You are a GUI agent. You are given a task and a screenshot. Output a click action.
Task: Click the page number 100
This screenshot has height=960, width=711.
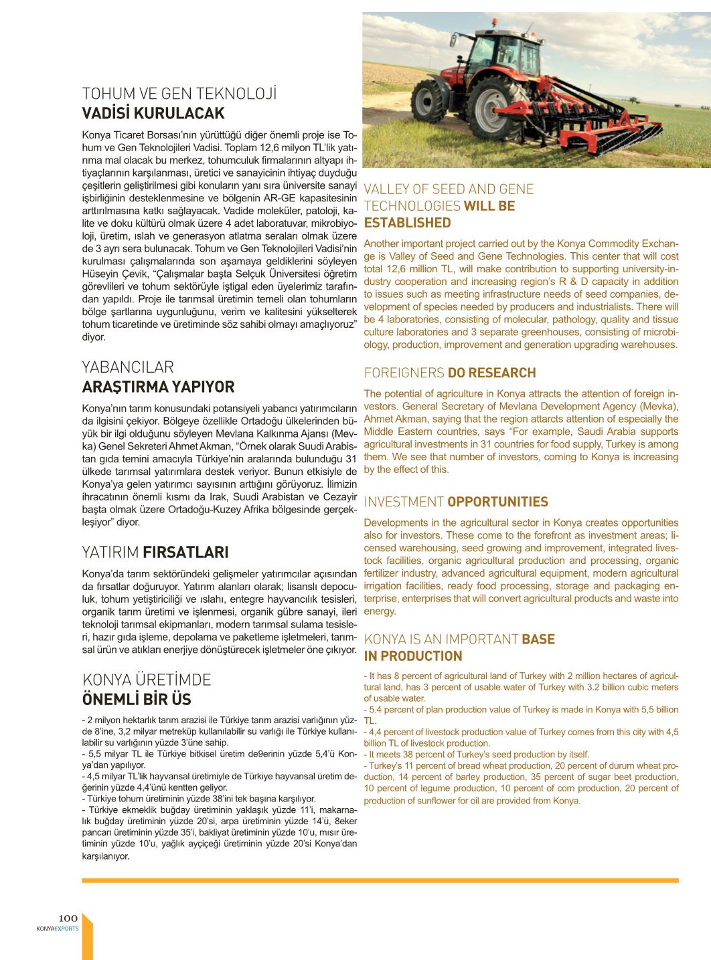[68, 918]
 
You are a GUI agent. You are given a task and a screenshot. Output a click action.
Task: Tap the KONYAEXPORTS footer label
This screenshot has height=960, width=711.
[58, 929]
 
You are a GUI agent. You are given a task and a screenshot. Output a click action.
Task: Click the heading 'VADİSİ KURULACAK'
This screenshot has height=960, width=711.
[153, 113]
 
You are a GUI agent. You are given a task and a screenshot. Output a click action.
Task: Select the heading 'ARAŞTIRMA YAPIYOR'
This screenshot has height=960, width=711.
[158, 387]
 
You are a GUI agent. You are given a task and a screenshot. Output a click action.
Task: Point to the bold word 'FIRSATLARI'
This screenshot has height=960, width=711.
[185, 552]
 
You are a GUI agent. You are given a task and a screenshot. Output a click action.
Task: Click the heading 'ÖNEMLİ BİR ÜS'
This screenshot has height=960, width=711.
[137, 699]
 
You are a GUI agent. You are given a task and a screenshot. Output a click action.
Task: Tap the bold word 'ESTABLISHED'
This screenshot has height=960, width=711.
[407, 223]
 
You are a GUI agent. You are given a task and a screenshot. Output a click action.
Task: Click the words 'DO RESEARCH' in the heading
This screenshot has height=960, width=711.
[491, 373]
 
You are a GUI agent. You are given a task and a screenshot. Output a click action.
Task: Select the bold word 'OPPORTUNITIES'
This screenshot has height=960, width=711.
[497, 502]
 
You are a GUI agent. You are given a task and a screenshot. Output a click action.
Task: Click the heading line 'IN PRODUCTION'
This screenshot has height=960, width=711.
[413, 656]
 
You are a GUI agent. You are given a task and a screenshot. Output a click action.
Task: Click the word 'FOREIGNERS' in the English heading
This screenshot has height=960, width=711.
[404, 373]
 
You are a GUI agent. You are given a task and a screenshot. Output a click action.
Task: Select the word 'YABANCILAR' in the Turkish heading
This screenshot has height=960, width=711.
[128, 367]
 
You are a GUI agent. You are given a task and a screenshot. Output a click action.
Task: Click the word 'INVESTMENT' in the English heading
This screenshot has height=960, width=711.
[404, 502]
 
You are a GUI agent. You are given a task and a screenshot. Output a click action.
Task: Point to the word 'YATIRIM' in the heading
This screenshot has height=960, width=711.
[110, 552]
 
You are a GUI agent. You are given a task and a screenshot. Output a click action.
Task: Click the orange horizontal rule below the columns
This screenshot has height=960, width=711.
[380, 880]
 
